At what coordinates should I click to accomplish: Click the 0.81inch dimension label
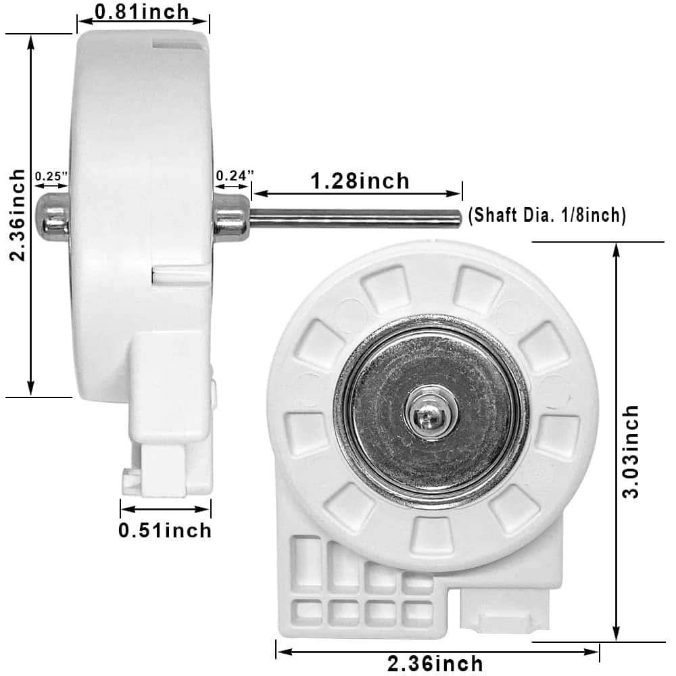point(142,11)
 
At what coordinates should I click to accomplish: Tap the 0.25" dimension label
point(51,176)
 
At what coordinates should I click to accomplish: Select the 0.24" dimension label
point(235,176)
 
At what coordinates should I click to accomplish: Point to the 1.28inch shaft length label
point(360,180)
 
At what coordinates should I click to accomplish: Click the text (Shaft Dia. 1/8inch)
point(547,215)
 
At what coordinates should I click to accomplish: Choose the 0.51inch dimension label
point(165,530)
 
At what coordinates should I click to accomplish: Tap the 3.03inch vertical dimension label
point(630,452)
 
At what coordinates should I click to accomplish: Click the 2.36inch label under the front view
point(435,663)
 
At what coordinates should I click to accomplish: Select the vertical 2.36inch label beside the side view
point(18,215)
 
